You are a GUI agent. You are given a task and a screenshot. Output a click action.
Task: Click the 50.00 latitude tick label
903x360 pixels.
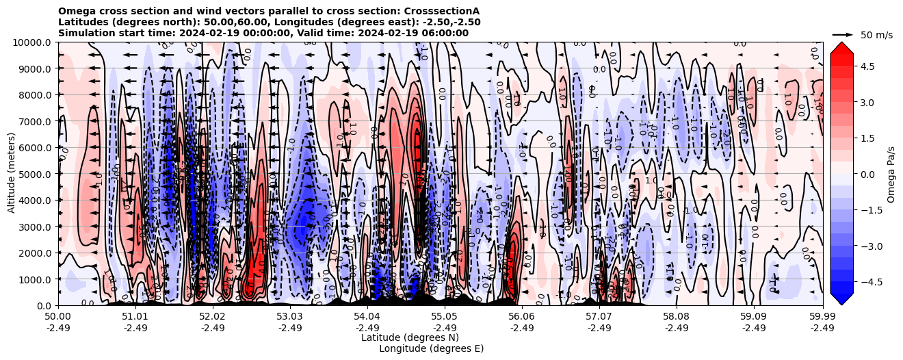(x=58, y=317)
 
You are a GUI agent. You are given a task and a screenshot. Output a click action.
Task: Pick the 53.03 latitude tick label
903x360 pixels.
(x=290, y=317)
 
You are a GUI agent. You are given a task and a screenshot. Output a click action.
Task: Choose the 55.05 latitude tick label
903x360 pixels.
(x=445, y=317)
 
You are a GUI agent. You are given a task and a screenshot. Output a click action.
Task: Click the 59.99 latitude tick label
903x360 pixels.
(x=822, y=317)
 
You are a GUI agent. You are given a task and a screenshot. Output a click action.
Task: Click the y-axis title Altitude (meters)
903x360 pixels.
(x=12, y=174)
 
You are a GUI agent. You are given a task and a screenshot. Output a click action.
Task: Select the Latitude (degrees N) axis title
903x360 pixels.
(x=410, y=337)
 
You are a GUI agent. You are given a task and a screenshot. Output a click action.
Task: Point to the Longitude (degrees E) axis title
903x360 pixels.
(x=431, y=348)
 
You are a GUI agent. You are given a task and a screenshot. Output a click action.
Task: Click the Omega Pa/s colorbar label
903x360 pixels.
(x=891, y=174)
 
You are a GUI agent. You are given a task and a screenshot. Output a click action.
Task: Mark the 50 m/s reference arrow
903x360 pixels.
(x=842, y=34)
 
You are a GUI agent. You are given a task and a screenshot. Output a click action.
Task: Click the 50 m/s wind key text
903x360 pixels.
(x=876, y=35)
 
